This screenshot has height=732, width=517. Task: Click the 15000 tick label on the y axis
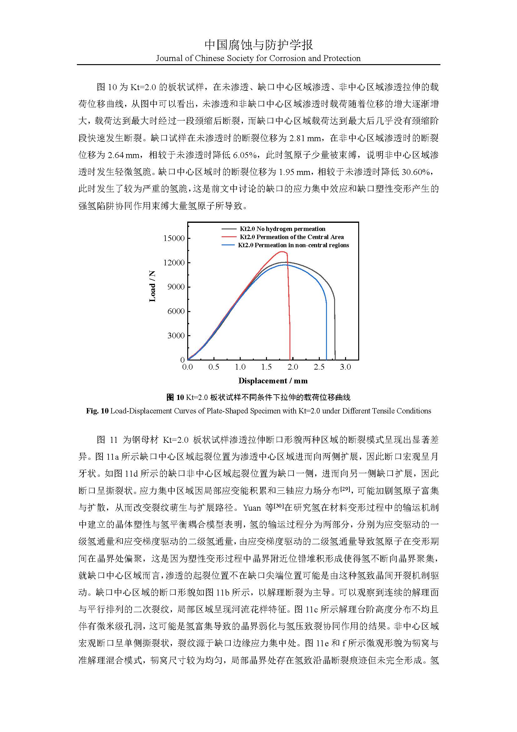[174, 238]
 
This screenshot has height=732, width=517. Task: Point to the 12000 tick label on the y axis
[174, 263]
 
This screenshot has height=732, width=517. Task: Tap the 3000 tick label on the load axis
[176, 335]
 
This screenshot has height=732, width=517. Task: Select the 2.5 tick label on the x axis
[319, 367]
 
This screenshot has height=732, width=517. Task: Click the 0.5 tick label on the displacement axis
[213, 367]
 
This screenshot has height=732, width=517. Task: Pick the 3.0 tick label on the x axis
[345, 367]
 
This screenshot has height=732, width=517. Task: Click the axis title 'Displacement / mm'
[273, 381]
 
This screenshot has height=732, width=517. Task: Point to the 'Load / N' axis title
[153, 286]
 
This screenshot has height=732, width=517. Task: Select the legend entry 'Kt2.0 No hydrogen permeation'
[282, 229]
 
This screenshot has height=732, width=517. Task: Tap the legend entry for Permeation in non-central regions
[293, 245]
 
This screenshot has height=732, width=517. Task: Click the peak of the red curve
[282, 252]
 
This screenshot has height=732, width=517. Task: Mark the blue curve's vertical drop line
[326, 331]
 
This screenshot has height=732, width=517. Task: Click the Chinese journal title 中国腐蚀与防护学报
[258, 45]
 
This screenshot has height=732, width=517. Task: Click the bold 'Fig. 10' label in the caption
[97, 411]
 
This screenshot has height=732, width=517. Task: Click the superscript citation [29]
[345, 489]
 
